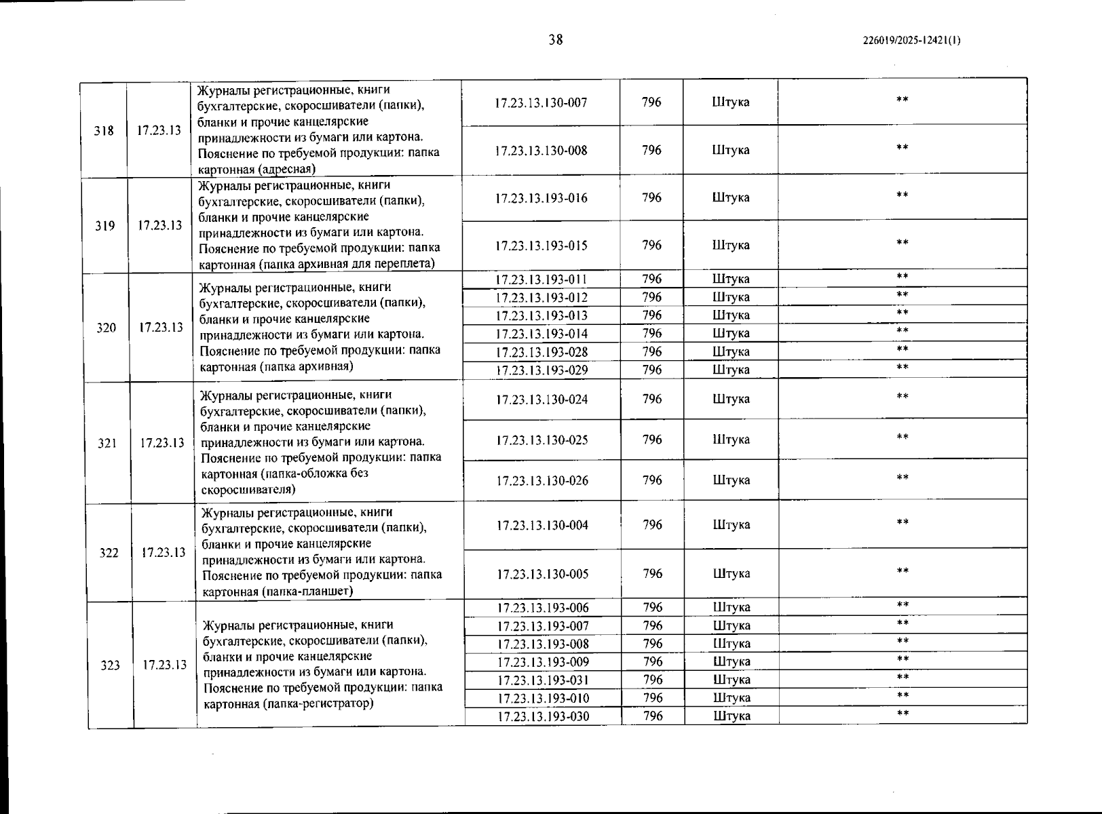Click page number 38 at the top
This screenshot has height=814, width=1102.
tap(556, 39)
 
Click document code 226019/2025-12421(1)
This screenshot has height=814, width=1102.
tap(911, 41)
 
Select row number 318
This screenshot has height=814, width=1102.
tap(104, 130)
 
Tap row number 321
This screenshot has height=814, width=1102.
tap(107, 444)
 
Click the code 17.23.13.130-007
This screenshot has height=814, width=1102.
tap(541, 103)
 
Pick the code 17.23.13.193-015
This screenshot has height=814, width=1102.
tap(541, 246)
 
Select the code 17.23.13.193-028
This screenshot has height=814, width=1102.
tap(541, 352)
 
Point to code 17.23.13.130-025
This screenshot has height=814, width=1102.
tap(541, 440)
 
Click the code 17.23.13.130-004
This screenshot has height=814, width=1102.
tap(542, 525)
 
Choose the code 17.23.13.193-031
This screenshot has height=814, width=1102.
tap(543, 680)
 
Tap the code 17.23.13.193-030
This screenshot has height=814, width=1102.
tap(543, 717)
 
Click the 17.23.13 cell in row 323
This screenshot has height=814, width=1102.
tap(164, 665)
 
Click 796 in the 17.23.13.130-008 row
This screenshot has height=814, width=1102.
tap(651, 150)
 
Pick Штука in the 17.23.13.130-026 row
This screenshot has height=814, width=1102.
tap(731, 480)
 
